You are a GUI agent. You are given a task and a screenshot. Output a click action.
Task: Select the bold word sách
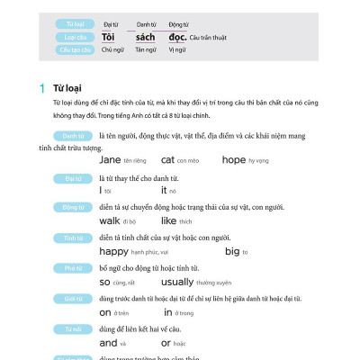point(143,37)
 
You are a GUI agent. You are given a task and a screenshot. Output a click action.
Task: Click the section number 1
point(41,88)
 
